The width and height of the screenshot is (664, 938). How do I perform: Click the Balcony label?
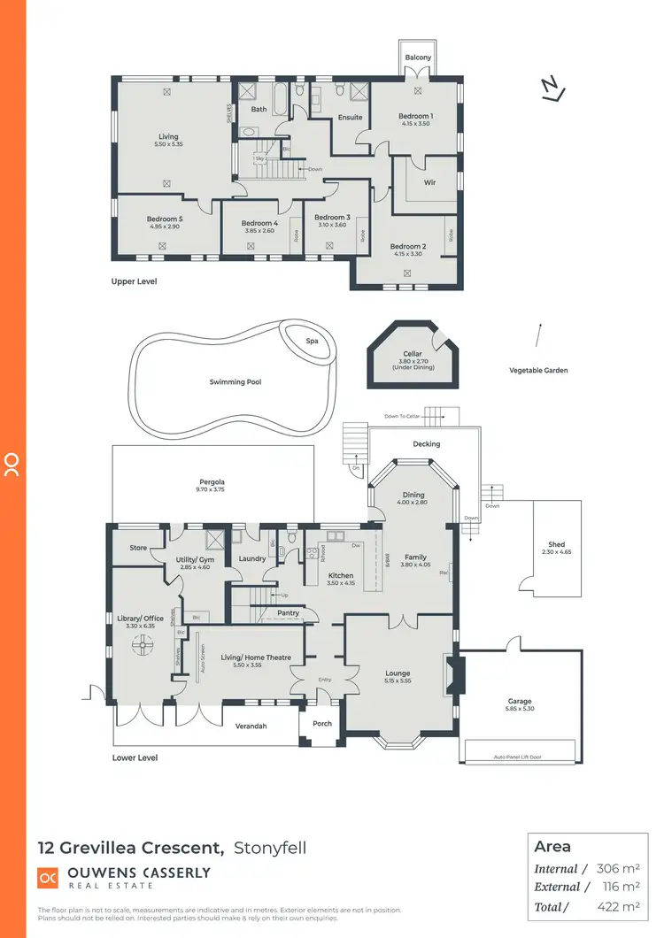419,58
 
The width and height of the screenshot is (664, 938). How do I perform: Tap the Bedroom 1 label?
415,116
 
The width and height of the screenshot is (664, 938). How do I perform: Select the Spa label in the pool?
312,342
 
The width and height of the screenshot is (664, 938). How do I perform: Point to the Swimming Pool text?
235,382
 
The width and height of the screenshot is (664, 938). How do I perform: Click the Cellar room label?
412,354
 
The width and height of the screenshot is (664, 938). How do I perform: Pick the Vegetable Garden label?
538,370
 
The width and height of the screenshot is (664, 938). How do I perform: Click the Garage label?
521,700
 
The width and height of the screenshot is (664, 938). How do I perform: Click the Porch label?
322,724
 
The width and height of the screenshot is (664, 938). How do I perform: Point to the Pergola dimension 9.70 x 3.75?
212,489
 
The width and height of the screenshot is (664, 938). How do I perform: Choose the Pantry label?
288,612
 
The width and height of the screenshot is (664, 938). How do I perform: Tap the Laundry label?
252,558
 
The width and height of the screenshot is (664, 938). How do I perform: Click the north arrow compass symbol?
552,88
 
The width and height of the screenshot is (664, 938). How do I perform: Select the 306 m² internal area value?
618,869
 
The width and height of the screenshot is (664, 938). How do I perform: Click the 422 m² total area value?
618,906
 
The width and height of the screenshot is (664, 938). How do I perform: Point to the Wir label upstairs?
429,182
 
